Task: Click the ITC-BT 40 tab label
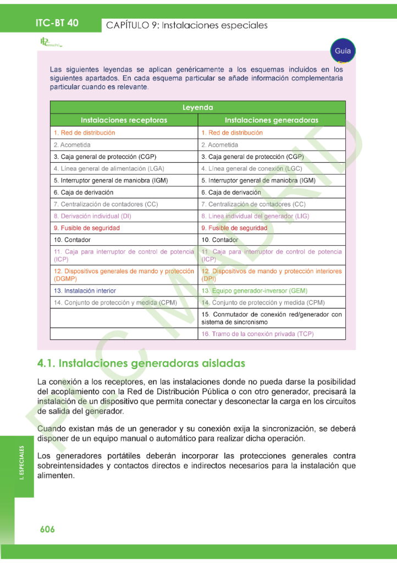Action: point(57,23)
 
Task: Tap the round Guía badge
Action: point(342,51)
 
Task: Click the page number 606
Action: point(47,529)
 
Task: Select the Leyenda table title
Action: point(197,108)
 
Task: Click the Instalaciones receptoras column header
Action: point(124,120)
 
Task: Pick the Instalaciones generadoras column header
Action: point(272,120)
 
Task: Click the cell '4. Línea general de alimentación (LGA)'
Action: point(109,168)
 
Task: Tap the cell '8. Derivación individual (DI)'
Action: point(92,216)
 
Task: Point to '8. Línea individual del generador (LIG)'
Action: point(255,216)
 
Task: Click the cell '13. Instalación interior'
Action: point(85,291)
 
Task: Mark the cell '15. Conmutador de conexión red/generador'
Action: point(272,318)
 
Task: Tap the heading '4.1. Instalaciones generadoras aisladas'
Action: point(141,363)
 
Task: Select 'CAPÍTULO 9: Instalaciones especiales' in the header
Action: point(187,25)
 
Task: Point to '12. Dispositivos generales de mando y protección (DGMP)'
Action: point(124,275)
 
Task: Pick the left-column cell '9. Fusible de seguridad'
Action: point(86,228)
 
